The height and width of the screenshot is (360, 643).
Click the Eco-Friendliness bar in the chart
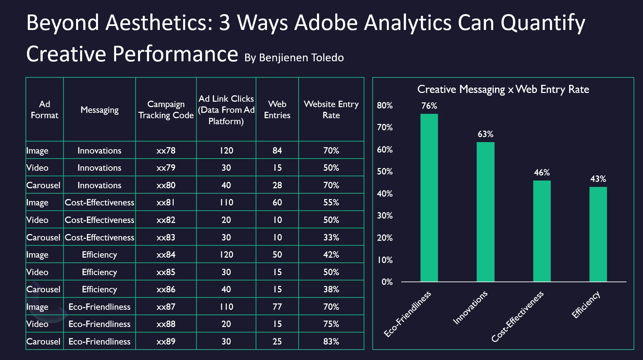(x=429, y=198)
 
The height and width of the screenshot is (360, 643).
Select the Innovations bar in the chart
(x=485, y=212)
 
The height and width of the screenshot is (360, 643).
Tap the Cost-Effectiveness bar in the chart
(x=542, y=231)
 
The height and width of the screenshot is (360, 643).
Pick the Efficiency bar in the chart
(x=598, y=234)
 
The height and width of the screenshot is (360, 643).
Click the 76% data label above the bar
(x=429, y=106)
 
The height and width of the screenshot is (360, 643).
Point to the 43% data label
(x=598, y=179)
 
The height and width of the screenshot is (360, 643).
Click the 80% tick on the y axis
(x=385, y=105)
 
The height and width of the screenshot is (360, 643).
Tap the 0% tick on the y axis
(x=387, y=282)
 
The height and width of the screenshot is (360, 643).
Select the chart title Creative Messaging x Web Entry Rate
(x=503, y=89)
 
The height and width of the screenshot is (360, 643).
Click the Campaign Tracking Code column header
(x=166, y=110)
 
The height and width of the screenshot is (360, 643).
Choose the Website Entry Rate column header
(x=331, y=110)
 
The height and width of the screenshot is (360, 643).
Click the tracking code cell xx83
(x=166, y=237)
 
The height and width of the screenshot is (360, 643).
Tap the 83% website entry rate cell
(x=331, y=341)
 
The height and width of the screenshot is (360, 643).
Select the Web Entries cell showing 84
(x=277, y=151)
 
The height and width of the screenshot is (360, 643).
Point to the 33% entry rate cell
(x=331, y=237)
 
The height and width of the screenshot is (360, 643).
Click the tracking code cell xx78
(x=166, y=151)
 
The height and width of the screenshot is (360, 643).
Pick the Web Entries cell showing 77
(x=277, y=307)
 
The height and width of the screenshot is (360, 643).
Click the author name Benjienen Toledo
(x=301, y=58)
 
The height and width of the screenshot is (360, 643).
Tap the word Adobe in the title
(x=326, y=23)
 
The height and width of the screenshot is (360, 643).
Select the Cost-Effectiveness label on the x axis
(x=518, y=316)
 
